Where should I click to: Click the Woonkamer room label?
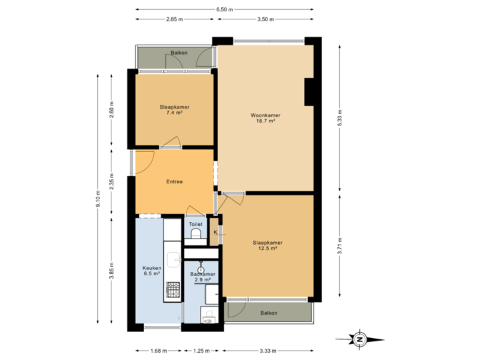click(267, 118)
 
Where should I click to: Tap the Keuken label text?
click(152, 271)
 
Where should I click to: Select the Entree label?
click(175, 181)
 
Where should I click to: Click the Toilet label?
click(195, 224)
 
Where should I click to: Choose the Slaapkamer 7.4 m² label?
click(174, 110)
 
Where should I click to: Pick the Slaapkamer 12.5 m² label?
click(267, 245)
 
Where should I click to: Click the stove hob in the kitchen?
click(173, 289)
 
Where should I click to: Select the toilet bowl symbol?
click(195, 235)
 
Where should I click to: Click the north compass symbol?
click(360, 339)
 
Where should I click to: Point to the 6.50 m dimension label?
click(224, 9)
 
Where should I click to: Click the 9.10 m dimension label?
click(97, 199)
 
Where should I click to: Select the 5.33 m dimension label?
click(340, 117)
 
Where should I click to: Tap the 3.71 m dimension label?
click(340, 244)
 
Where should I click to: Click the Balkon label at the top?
click(177, 52)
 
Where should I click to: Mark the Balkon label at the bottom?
click(268, 313)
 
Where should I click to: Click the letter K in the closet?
click(215, 232)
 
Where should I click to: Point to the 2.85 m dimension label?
click(175, 19)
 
